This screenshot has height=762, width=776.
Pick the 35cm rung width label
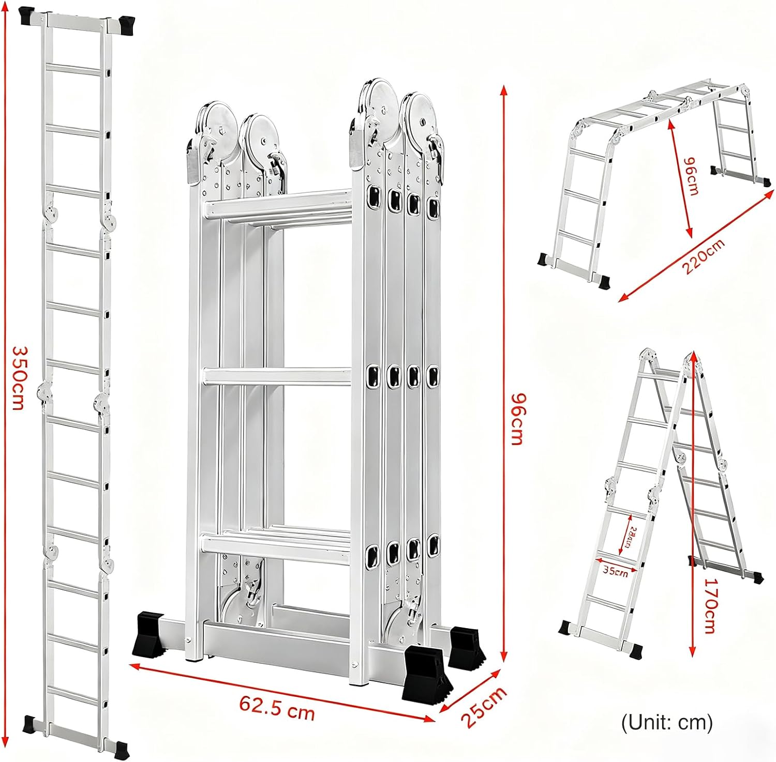pyautogui.click(x=615, y=571)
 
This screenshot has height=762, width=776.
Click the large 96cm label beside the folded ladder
pyautogui.click(x=516, y=419)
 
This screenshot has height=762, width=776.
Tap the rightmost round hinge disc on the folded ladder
pyautogui.click(x=422, y=116)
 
